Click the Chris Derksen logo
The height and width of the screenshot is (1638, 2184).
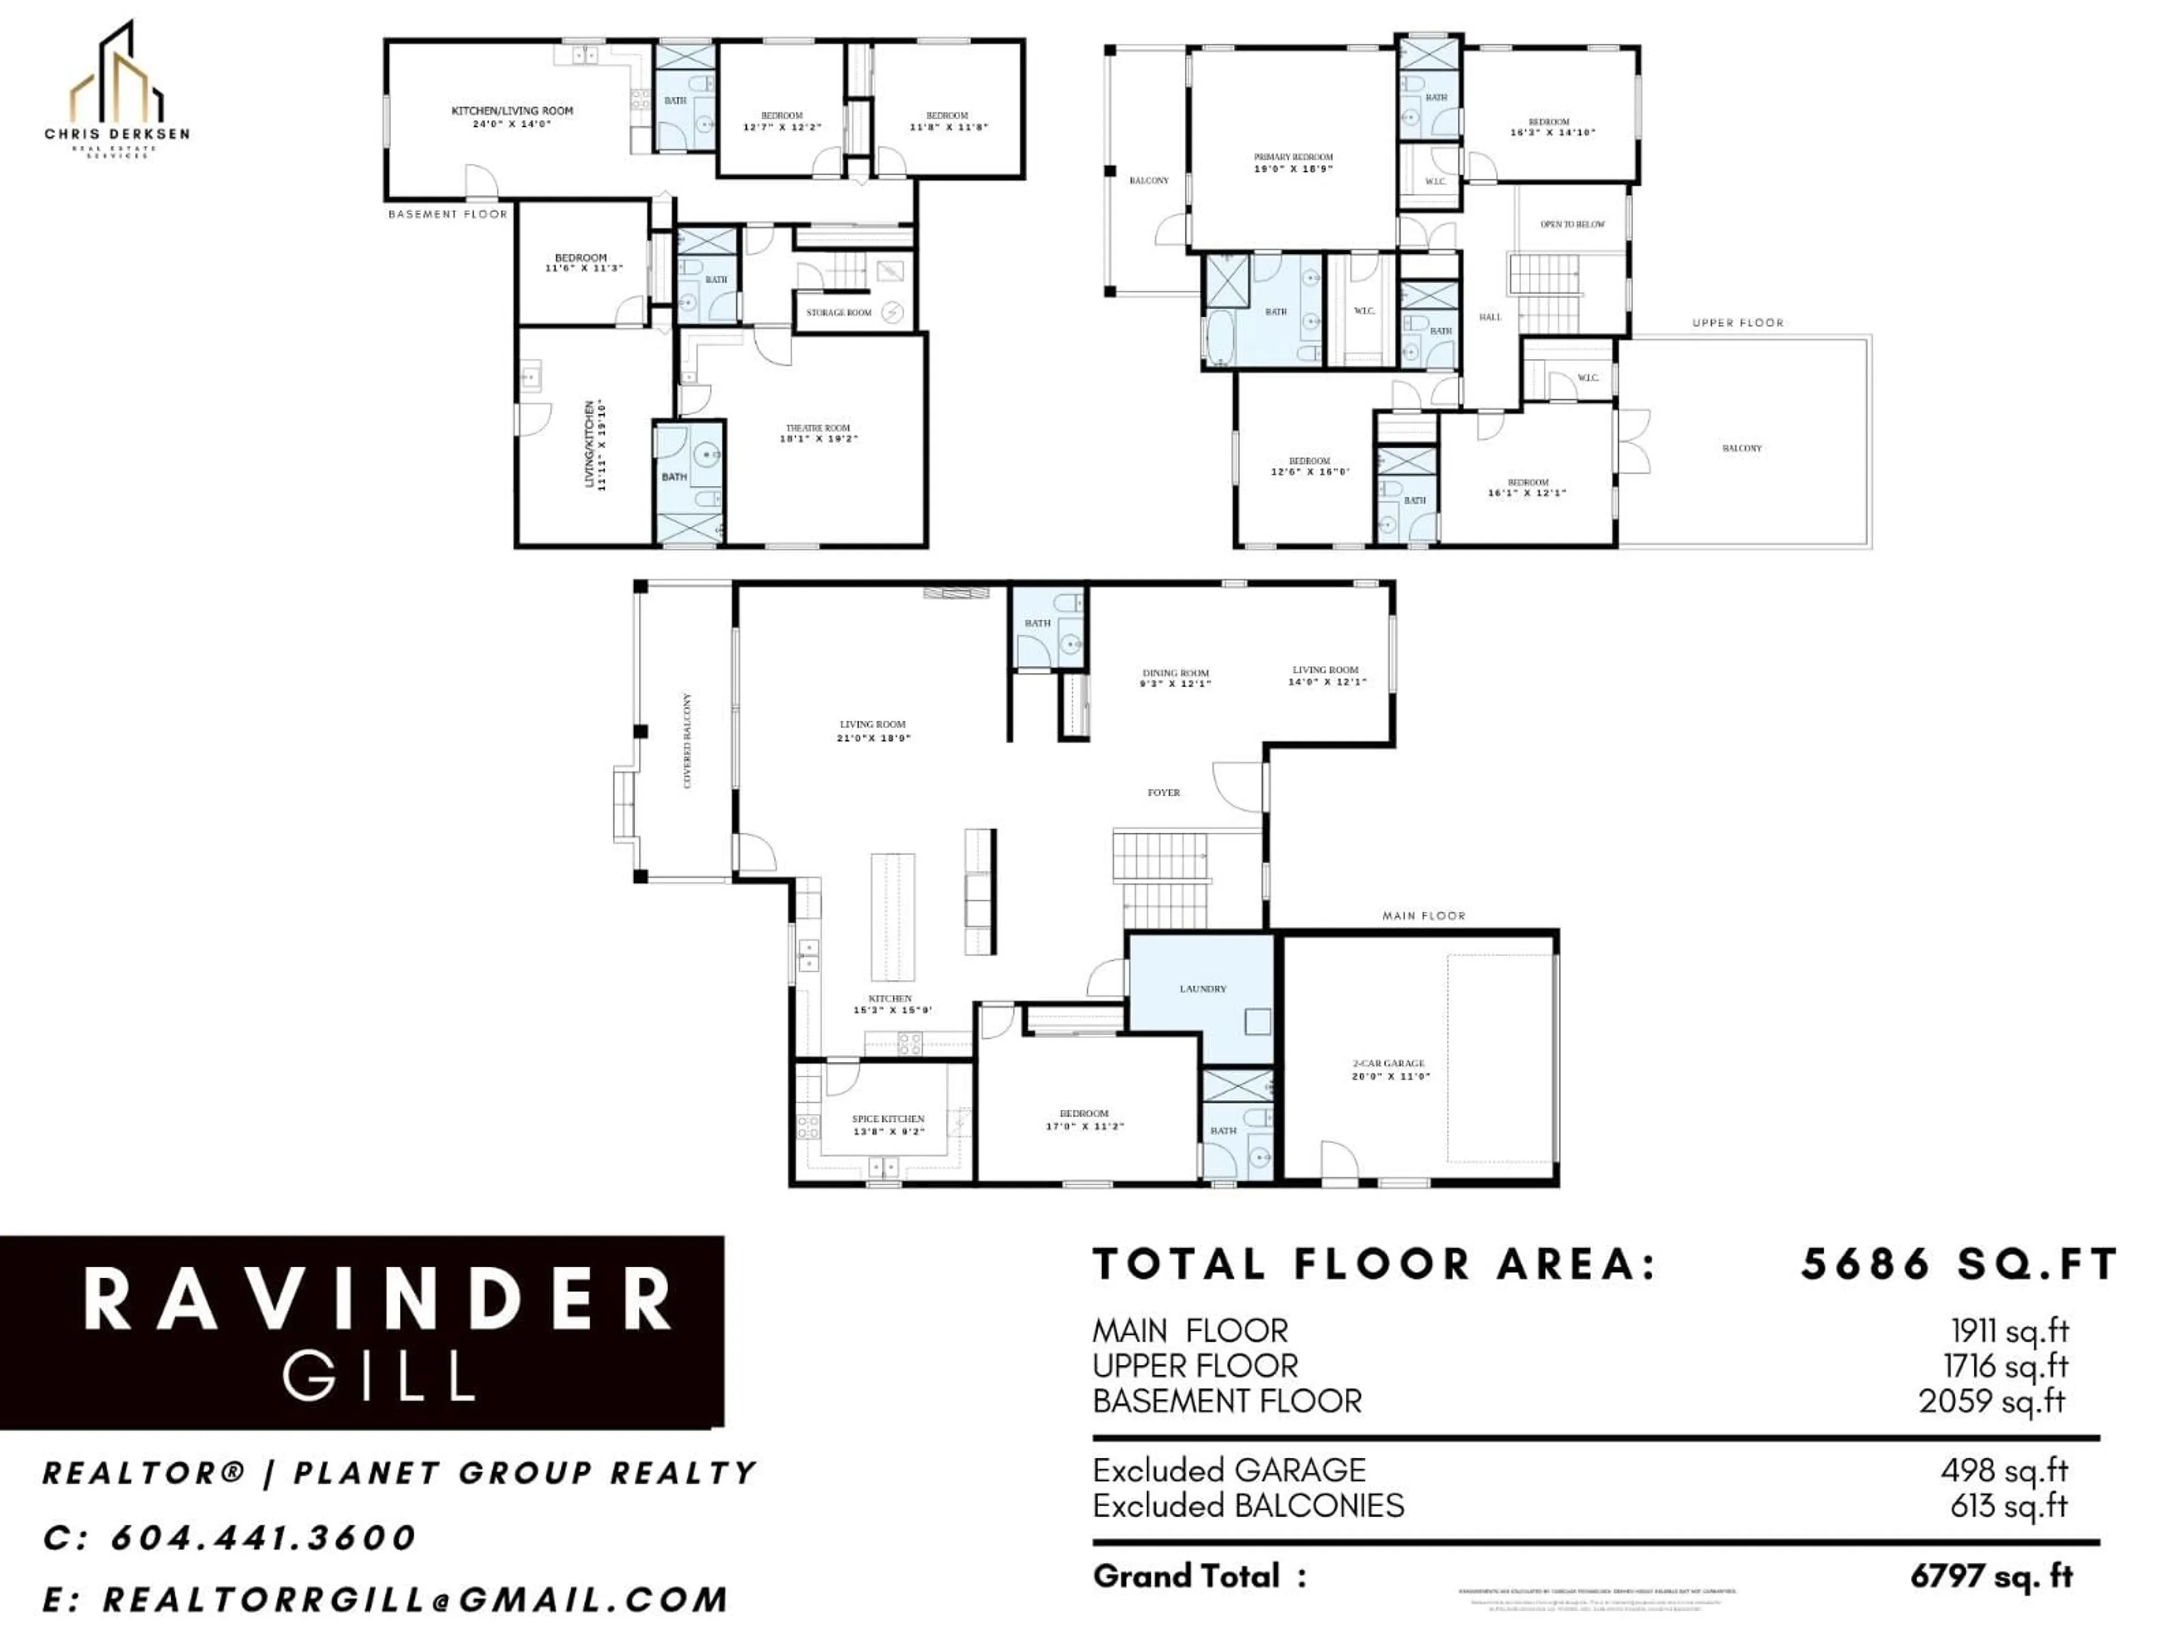(x=117, y=89)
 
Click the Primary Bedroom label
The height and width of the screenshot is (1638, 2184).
(x=1293, y=163)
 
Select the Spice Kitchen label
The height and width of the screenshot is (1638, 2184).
(x=888, y=1124)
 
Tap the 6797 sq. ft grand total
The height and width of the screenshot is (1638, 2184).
(x=1991, y=1577)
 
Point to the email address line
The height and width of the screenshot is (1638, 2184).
(x=385, y=1599)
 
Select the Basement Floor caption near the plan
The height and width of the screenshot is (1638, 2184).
(x=447, y=214)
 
